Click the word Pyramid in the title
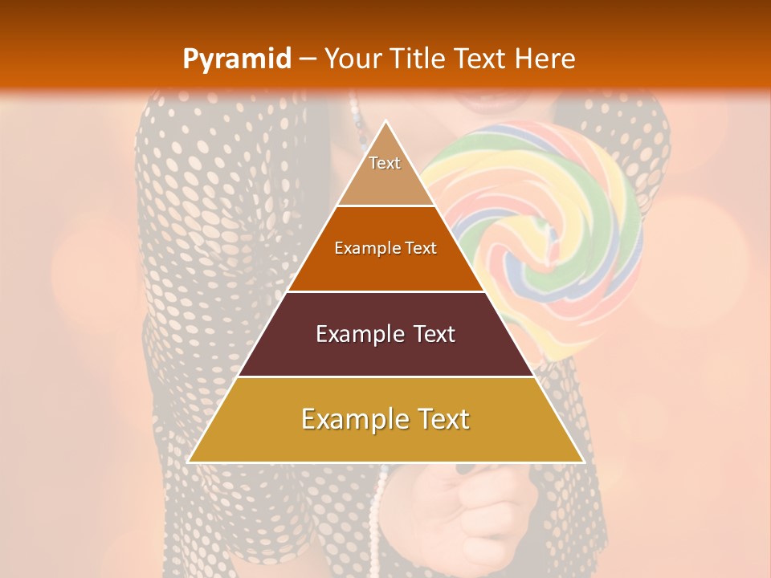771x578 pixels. (236, 59)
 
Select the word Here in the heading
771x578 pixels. (545, 59)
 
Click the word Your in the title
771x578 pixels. (351, 59)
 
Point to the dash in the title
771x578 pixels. (307, 59)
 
